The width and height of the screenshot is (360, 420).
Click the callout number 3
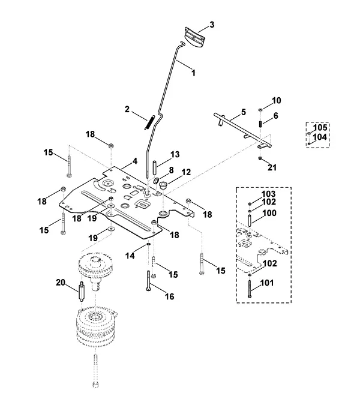pos(212,25)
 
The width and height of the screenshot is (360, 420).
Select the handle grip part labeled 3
pos(195,37)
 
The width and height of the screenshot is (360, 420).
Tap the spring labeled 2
pos(149,122)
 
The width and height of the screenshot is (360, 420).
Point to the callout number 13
pos(175,155)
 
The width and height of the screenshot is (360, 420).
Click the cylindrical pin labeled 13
pos(154,167)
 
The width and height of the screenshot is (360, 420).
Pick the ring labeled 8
pos(157,181)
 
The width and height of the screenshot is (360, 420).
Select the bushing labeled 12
pos(163,185)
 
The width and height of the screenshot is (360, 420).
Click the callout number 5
pos(243,112)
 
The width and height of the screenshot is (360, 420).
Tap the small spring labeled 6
pos(260,125)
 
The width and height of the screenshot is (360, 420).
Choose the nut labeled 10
pos(260,110)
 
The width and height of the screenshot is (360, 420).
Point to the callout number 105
pos(320,127)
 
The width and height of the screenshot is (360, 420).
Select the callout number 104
pos(320,137)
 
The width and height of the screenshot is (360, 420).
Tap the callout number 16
pos(170,296)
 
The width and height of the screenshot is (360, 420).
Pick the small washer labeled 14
pos(148,244)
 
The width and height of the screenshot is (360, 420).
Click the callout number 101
pos(267,283)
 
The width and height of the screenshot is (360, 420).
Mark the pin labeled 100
pos(250,220)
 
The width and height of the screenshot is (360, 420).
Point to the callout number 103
pos(269,194)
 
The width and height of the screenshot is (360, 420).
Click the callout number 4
pos(135,161)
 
